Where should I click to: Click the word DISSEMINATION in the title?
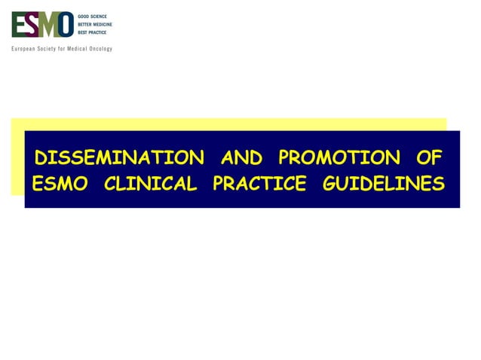tap(119, 157)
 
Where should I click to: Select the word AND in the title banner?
tap(241, 157)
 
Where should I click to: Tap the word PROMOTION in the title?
tap(339, 157)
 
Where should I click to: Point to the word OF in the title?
tap(429, 157)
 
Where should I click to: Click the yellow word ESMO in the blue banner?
tap(60, 184)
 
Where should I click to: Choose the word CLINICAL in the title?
tap(150, 184)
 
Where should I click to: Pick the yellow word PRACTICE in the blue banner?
tap(259, 184)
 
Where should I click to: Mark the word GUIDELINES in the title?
tap(383, 184)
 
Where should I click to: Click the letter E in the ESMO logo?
tap(19, 25)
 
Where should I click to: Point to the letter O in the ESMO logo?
tap(66, 25)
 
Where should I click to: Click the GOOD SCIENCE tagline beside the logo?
tap(93, 16)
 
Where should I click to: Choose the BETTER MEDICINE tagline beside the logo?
tap(95, 24)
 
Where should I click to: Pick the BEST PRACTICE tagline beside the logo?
tap(92, 32)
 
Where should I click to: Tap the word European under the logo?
tap(23, 49)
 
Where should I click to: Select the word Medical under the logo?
tap(78, 49)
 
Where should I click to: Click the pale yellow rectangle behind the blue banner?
tap(226, 124)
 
